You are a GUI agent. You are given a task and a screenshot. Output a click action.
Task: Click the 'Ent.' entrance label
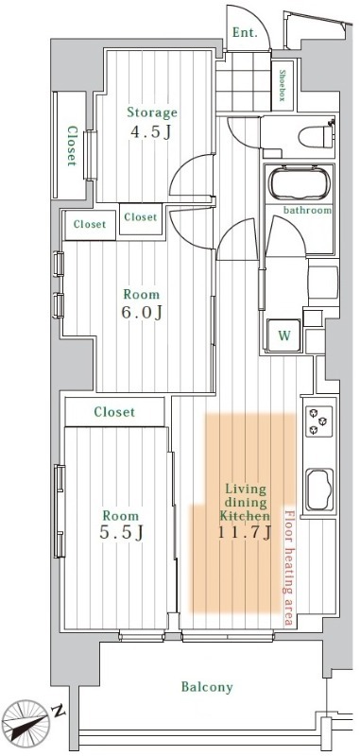click(243, 31)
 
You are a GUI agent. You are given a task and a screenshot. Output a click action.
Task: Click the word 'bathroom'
click(307, 210)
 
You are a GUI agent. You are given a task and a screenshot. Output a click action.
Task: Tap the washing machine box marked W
click(283, 334)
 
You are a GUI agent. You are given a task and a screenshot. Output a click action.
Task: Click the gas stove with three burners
click(314, 421)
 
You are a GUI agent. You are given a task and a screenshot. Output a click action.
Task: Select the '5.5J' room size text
click(121, 534)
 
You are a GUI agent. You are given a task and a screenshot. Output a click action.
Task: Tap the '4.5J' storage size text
click(151, 131)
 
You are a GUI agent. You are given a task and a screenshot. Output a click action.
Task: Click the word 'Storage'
click(152, 112)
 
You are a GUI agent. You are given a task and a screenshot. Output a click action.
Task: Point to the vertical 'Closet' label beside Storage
click(71, 146)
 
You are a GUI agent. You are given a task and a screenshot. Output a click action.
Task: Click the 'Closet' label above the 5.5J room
click(114, 412)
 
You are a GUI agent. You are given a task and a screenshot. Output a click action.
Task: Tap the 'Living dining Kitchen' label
click(246, 503)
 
